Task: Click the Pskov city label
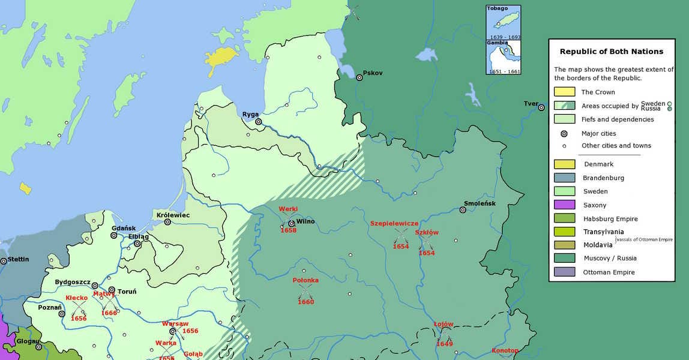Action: click(x=372, y=73)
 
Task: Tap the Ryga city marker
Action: click(x=259, y=122)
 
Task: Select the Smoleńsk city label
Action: click(x=480, y=203)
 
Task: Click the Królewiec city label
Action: click(x=173, y=215)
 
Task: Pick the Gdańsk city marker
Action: click(x=113, y=235)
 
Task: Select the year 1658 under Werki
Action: click(x=288, y=230)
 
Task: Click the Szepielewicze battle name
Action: click(x=394, y=223)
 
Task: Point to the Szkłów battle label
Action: click(x=426, y=232)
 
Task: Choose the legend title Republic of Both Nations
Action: click(x=611, y=52)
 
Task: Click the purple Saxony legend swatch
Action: click(x=564, y=205)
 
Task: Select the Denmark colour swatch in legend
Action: click(x=564, y=164)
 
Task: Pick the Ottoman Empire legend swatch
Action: click(x=564, y=272)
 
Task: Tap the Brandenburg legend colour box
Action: click(x=564, y=178)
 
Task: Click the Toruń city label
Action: click(x=127, y=292)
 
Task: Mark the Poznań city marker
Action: click(x=61, y=314)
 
